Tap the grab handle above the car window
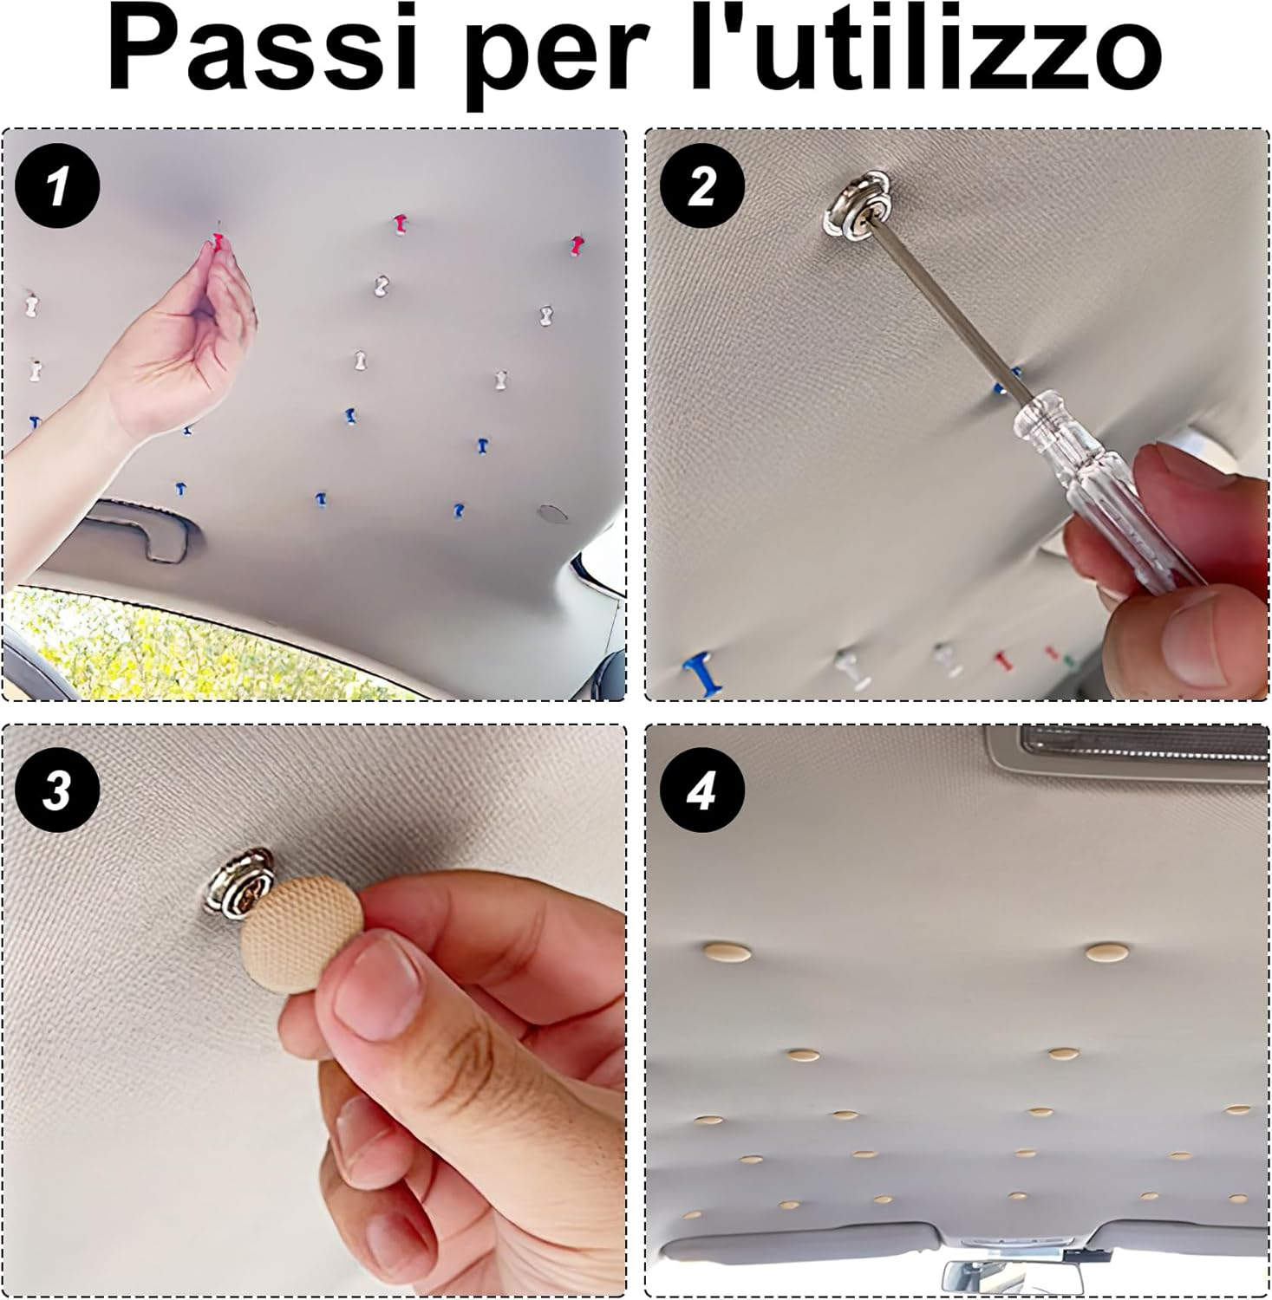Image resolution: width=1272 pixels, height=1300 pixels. coord(139,526)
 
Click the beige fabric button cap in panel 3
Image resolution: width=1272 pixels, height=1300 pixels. coord(302,923)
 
